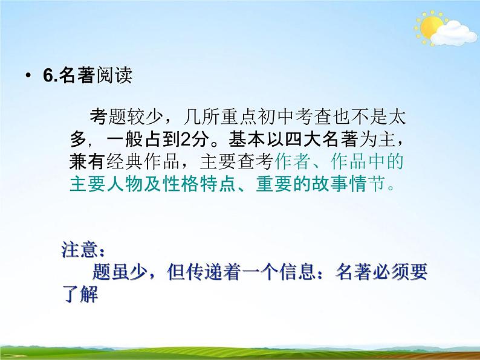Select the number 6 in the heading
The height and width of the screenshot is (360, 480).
[x=47, y=77]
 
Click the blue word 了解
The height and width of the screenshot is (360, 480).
[x=80, y=296]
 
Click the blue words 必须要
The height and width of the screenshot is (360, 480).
[x=401, y=272]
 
